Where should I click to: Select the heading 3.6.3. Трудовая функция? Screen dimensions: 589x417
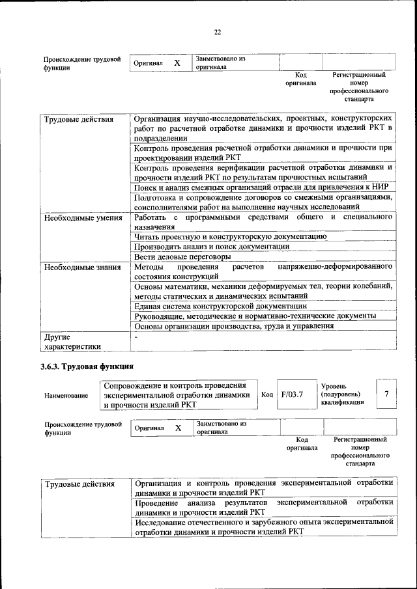(x=87, y=366)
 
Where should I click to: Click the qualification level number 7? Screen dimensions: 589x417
(x=386, y=394)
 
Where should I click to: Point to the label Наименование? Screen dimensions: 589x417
(x=66, y=395)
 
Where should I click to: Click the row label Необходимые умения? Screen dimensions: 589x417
(x=83, y=218)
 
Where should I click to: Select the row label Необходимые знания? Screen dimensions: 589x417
(x=82, y=267)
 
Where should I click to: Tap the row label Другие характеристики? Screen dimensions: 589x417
(x=72, y=342)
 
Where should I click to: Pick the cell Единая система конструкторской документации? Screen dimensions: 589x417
(x=220, y=305)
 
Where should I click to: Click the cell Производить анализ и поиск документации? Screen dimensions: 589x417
(x=212, y=247)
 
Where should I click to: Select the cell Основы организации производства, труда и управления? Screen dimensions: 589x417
(x=234, y=326)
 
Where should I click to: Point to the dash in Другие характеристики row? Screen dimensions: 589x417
(x=136, y=337)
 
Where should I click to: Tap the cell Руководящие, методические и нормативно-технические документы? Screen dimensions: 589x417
(x=255, y=316)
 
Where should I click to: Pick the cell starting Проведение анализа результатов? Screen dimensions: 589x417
(x=263, y=507)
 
